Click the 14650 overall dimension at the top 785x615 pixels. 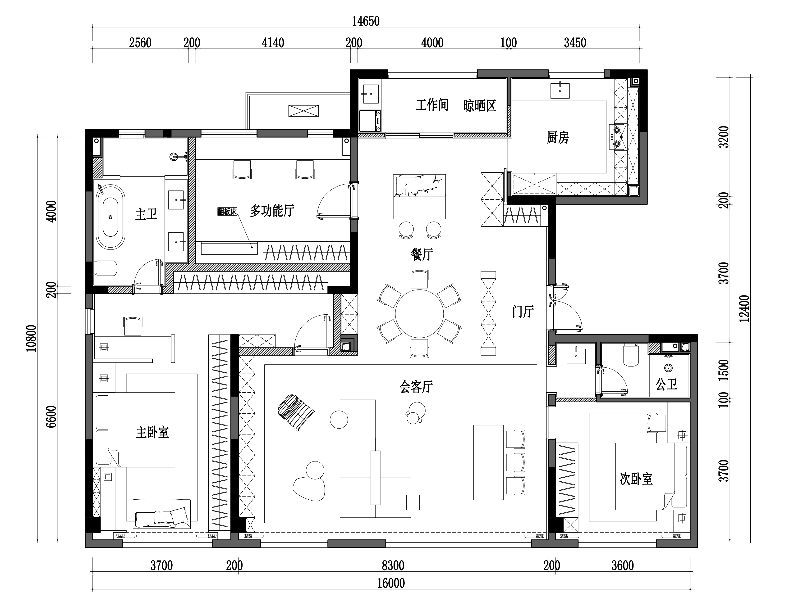tap(366, 21)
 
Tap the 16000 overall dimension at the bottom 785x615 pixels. tap(391, 583)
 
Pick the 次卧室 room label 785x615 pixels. tap(636, 479)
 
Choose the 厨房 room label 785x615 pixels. tap(558, 138)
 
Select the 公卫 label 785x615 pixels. tap(666, 384)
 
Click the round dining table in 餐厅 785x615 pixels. tap(419, 314)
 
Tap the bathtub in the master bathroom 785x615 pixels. tap(110, 217)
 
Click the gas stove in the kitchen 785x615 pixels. tap(617, 137)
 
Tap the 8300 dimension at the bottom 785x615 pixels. tap(393, 566)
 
